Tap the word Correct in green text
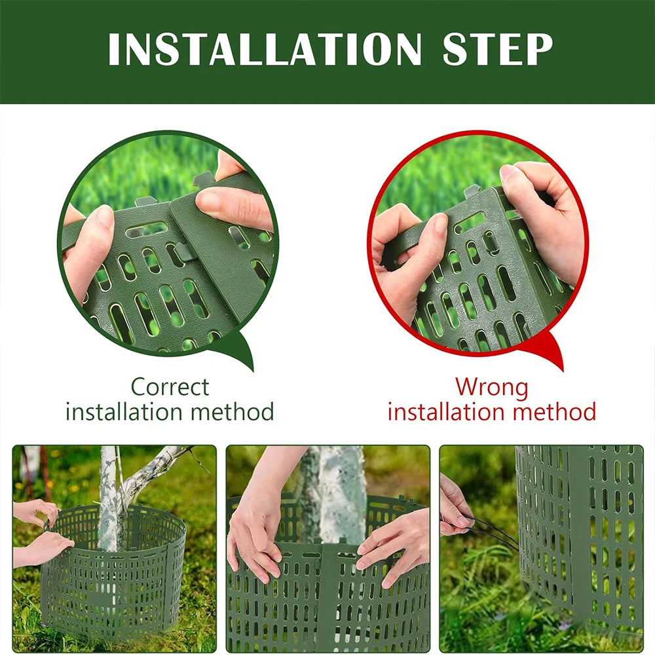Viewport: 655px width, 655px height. point(170,387)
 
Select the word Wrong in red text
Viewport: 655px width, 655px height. point(492,387)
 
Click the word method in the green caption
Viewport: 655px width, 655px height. point(233,411)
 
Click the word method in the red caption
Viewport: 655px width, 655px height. point(554,411)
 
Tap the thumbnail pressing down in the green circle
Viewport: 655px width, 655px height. point(209,200)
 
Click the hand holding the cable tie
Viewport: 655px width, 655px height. point(453,508)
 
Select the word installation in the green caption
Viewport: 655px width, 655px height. point(124,411)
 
